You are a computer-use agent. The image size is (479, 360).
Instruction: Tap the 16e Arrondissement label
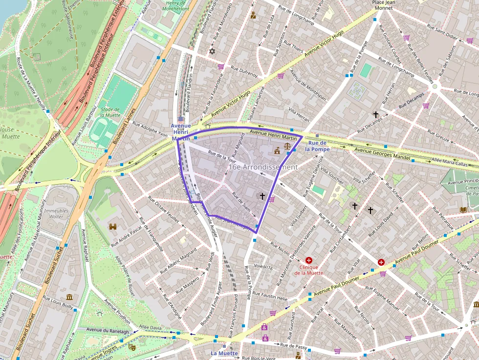click(262, 167)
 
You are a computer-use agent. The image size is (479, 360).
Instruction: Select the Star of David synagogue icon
click(212, 51)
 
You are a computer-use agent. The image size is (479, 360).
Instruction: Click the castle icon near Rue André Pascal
click(113, 227)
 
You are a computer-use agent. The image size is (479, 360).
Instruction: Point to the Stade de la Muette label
click(110, 112)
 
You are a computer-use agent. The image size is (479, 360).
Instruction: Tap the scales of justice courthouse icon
click(287, 146)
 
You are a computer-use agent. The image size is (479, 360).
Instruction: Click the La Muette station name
click(224, 353)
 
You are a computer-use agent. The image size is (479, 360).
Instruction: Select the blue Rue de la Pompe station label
click(318, 146)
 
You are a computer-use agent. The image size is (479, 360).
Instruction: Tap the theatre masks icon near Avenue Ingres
click(131, 346)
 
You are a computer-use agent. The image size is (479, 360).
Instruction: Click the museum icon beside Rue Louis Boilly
click(69, 297)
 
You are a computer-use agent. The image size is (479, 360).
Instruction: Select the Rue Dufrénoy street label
click(244, 72)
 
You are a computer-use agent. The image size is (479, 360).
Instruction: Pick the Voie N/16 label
click(263, 267)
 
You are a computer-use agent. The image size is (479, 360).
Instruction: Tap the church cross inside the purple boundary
click(262, 196)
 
